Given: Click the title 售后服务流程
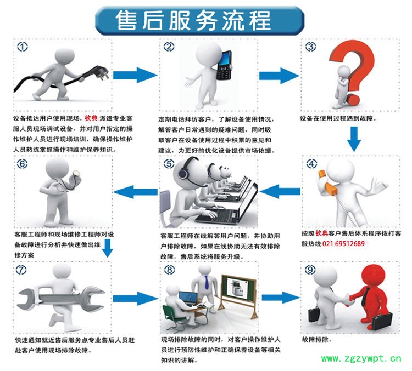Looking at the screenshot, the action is pos(193,20).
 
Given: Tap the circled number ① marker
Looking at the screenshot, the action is pos(23,47).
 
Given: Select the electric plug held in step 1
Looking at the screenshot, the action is pos(99,73).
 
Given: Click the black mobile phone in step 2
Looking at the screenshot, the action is pos(224,65).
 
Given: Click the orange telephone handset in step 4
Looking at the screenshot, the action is pos(328,183).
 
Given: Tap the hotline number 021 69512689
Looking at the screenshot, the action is pos(343,243).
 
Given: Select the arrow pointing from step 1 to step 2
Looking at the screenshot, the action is pos(135,75).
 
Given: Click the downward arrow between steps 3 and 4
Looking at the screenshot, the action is pos(354,139).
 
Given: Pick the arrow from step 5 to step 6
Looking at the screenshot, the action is pos(136,192).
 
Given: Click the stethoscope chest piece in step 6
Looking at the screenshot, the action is pos(76,173).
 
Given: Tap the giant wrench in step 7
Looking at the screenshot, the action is pos(60,298).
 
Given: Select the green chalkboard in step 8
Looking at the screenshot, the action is pos(238,288).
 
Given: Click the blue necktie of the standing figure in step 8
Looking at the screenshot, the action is pos(207,282).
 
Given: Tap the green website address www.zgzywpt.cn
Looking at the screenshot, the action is pos(361,358).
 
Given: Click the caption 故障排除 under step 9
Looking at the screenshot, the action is pos(316,339).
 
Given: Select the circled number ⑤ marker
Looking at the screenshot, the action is pos(169,164).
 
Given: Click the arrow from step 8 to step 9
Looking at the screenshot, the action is pos(281,298).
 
